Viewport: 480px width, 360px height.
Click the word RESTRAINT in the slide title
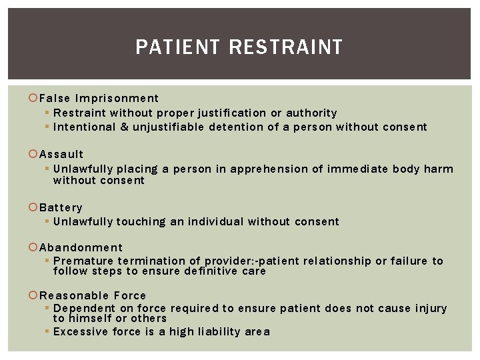point(285,47)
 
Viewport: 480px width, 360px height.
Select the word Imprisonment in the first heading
point(117,99)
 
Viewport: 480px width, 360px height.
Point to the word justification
point(231,113)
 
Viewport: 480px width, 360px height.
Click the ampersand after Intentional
point(123,127)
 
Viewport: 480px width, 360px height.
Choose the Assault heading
point(61,154)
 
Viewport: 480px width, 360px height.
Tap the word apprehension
point(275,169)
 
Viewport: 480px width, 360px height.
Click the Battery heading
point(61,207)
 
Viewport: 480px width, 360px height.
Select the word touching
point(141,221)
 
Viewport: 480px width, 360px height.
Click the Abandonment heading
point(81,247)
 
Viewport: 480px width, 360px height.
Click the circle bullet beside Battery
point(33,208)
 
